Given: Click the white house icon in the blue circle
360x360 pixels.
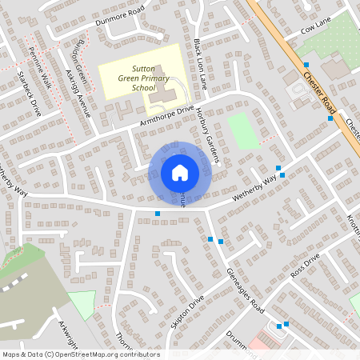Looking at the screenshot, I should [x=180, y=172].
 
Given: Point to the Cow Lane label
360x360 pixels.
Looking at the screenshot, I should [x=315, y=29].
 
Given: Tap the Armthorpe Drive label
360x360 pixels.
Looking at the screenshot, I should [x=167, y=116].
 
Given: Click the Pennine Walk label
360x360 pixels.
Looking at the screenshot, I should [x=40, y=68].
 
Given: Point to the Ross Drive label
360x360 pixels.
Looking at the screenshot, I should [x=305, y=265].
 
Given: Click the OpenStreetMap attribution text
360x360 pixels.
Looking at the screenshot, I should [x=81, y=354].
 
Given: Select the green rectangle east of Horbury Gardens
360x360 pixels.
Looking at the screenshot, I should [x=243, y=130].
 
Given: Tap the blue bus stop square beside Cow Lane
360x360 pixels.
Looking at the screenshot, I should [x=306, y=64].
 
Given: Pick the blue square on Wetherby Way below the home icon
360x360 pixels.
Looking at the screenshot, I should [x=158, y=213].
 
